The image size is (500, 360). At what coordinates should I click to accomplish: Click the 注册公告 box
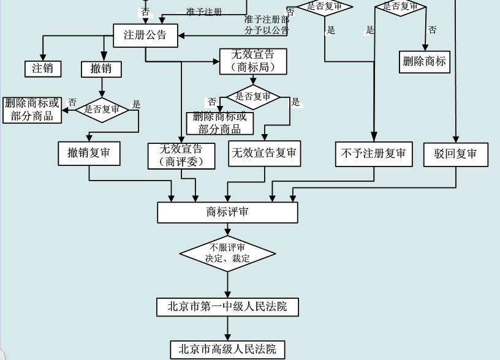[145, 35]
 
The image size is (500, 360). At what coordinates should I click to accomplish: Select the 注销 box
[42, 68]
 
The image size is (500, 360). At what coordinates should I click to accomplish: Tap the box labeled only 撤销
[101, 69]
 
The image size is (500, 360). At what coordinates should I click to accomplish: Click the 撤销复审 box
[89, 153]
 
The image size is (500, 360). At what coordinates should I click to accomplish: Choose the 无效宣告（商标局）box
[253, 61]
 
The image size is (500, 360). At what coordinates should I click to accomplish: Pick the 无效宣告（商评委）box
[182, 156]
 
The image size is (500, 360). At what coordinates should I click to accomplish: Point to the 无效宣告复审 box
[264, 153]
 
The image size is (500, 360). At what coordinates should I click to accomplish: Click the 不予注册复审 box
[373, 154]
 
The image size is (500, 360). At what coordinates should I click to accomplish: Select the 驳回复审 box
[456, 154]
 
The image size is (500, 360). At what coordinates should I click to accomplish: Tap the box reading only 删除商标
[425, 61]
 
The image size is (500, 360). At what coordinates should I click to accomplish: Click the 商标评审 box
[227, 212]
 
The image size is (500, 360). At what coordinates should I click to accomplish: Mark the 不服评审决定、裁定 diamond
[228, 253]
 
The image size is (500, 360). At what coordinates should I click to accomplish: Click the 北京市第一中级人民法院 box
[227, 306]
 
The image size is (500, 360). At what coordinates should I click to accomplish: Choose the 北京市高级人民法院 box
[227, 350]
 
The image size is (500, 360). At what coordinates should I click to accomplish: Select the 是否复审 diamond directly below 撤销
[102, 110]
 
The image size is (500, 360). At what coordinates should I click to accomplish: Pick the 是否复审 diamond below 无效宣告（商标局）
[253, 97]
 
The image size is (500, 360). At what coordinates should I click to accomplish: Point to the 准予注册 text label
[204, 12]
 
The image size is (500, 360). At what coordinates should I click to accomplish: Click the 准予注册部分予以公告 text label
[267, 24]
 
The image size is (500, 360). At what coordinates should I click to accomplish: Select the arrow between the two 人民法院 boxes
[228, 329]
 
